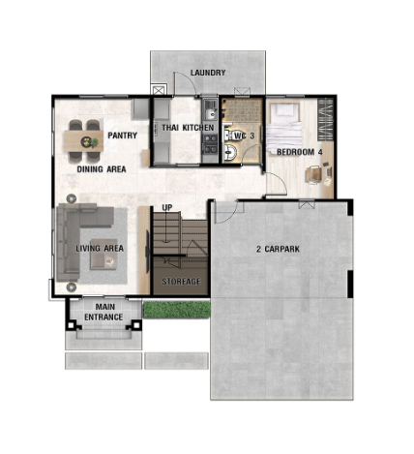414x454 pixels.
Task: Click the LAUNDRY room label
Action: click(208, 73)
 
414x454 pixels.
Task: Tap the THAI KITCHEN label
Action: click(188, 128)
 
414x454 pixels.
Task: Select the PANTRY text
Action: click(122, 136)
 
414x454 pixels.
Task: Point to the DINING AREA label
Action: click(102, 169)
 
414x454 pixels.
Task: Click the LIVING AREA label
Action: click(100, 248)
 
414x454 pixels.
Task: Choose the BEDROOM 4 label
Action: click(300, 152)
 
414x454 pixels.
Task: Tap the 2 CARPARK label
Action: click(278, 249)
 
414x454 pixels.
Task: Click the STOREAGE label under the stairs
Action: click(181, 282)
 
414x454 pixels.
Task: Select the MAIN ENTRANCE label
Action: click(103, 312)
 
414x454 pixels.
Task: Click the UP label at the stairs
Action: click(167, 208)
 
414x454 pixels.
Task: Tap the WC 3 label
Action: click(244, 136)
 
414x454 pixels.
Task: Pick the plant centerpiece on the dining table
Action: click(90, 142)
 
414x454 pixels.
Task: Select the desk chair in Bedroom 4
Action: click(313, 174)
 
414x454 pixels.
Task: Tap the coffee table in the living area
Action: click(103, 254)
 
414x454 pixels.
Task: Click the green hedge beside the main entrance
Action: click(176, 310)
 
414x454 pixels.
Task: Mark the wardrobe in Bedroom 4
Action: click(325, 119)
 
